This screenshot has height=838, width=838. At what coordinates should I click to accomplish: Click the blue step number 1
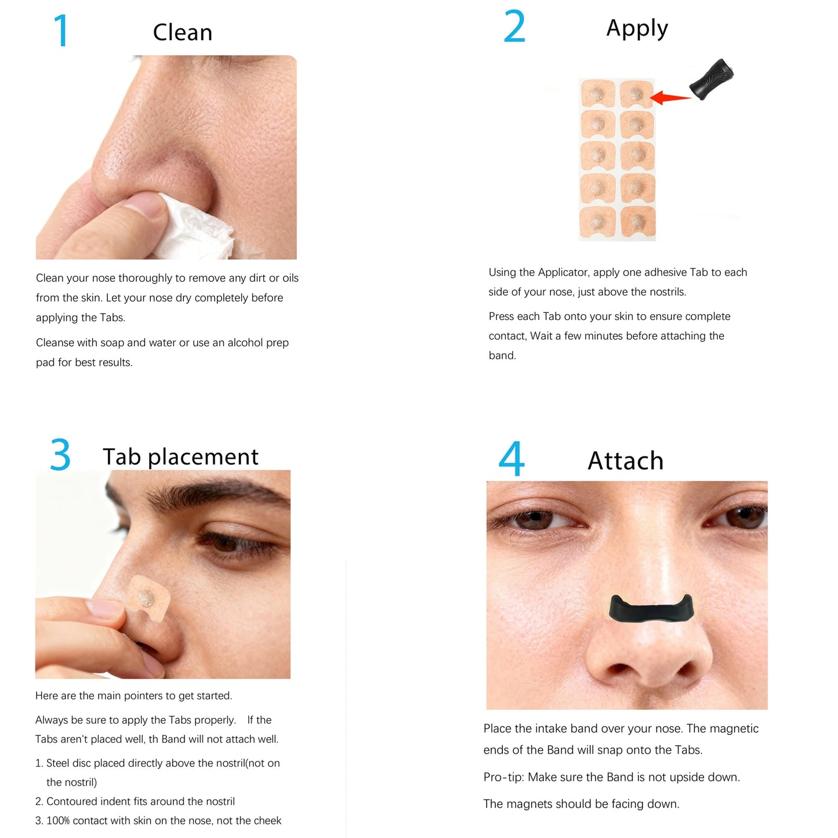pyautogui.click(x=61, y=31)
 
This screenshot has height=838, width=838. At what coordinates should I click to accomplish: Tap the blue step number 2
pyautogui.click(x=514, y=27)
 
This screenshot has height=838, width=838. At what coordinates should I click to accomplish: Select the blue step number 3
pyautogui.click(x=60, y=455)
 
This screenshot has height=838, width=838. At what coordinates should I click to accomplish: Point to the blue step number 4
pyautogui.click(x=511, y=459)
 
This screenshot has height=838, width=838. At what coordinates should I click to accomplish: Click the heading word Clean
pyautogui.click(x=182, y=32)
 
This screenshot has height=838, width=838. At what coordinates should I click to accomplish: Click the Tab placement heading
pyautogui.click(x=180, y=457)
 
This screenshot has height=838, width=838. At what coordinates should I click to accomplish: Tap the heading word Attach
pyautogui.click(x=625, y=461)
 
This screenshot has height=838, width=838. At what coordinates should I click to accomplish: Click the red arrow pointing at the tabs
pyautogui.click(x=670, y=97)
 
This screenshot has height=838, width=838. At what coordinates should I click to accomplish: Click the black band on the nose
pyautogui.click(x=651, y=609)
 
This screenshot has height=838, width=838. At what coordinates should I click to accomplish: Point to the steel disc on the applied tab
pyautogui.click(x=145, y=596)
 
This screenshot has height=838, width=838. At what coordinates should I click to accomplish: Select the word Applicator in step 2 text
pyautogui.click(x=563, y=273)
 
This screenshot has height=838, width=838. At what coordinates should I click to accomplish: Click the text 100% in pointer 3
pyautogui.click(x=58, y=821)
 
